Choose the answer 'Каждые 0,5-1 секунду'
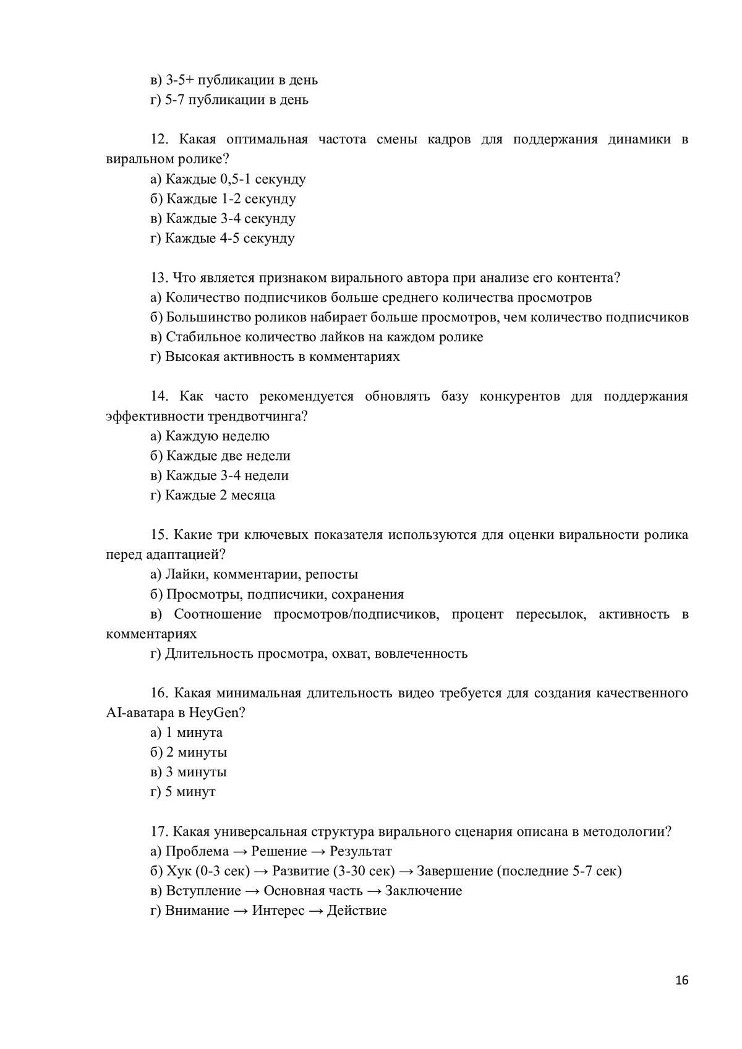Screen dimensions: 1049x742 pyautogui.click(x=235, y=179)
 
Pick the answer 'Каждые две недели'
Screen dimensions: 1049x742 pyautogui.click(x=228, y=456)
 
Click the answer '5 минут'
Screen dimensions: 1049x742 pyautogui.click(x=190, y=792)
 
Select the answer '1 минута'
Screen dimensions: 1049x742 pyautogui.click(x=194, y=733)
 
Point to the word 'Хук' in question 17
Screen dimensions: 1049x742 pyautogui.click(x=179, y=871)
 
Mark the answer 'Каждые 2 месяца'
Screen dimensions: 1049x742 pyautogui.click(x=220, y=496)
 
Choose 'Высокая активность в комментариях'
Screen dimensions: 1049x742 pyautogui.click(x=282, y=357)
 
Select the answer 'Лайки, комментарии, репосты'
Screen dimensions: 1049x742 pyautogui.click(x=261, y=575)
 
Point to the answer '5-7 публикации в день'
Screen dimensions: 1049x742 pyautogui.click(x=236, y=100)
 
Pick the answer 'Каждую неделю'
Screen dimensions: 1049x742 pyautogui.click(x=217, y=436)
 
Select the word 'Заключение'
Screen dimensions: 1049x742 pyautogui.click(x=423, y=891)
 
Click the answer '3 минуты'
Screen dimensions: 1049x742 pyautogui.click(x=195, y=772)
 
